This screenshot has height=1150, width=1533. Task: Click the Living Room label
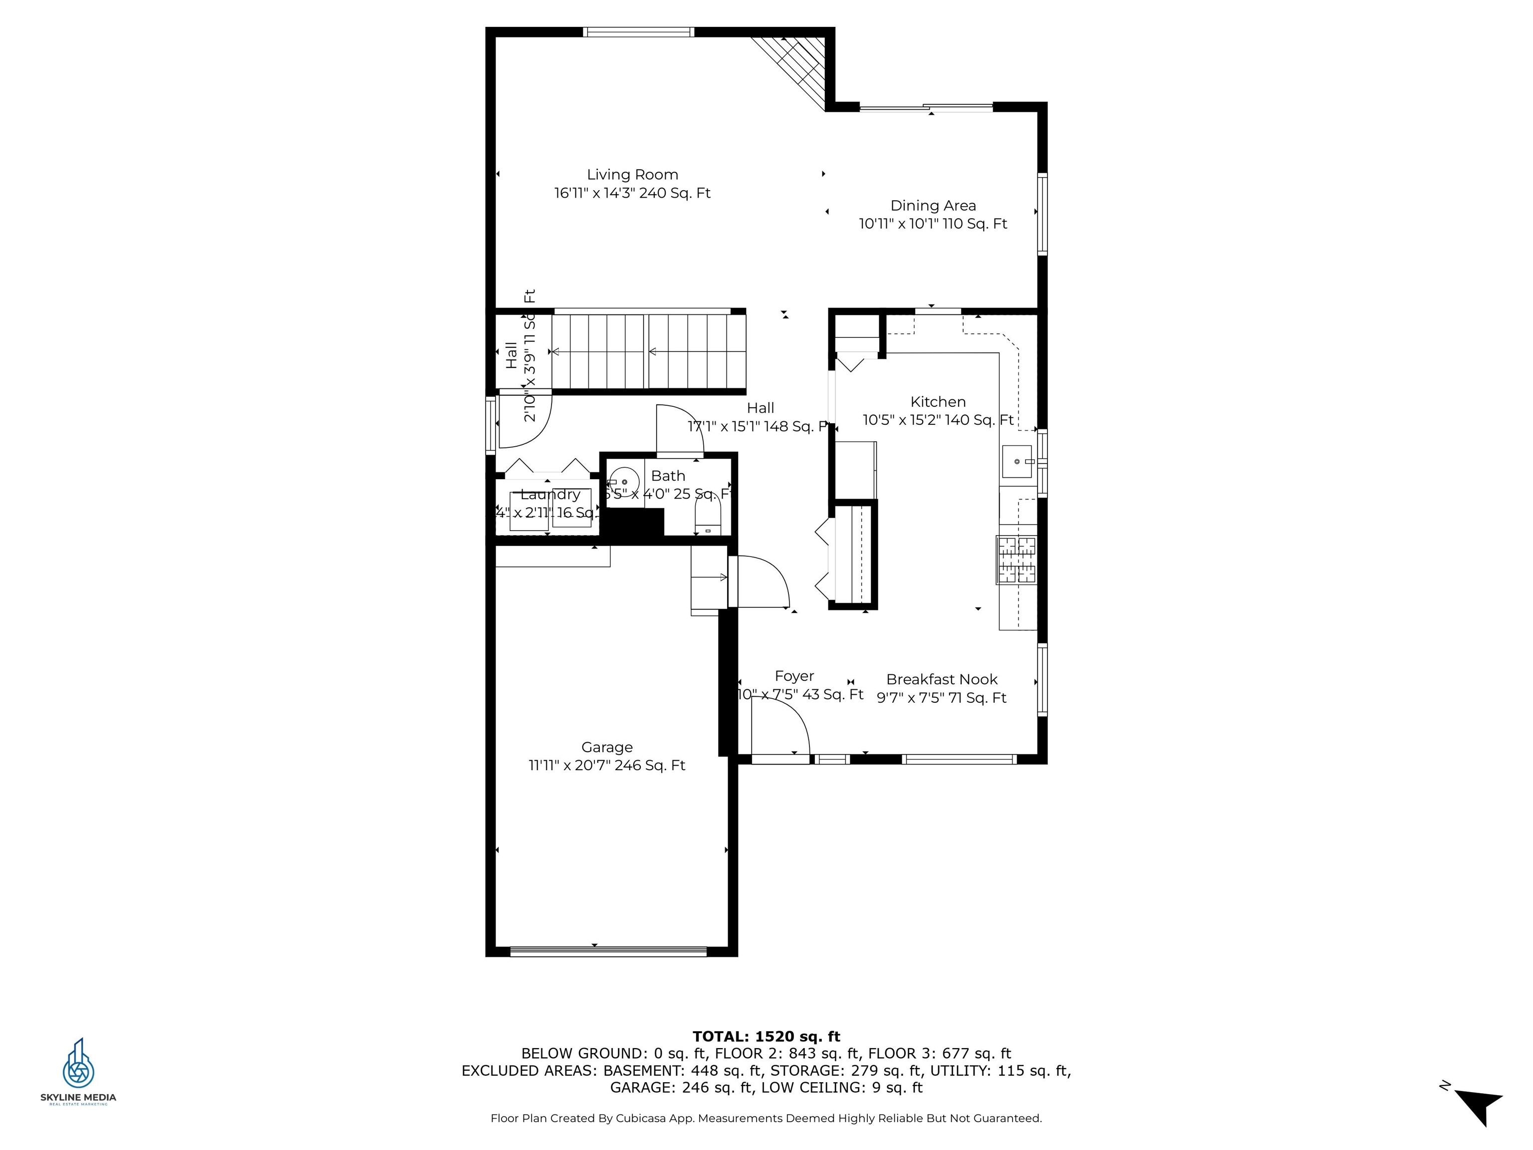pos(632,175)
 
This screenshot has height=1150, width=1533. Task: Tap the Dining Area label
pos(933,206)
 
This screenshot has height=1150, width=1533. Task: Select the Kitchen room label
pos(938,402)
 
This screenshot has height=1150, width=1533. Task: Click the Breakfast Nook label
pos(941,679)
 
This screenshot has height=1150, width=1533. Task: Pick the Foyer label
pos(794,676)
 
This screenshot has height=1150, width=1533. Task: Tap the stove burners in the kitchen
pos(1017,560)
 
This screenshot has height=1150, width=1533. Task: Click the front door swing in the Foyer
pos(779,728)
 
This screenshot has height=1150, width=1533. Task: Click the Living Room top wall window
pos(638,32)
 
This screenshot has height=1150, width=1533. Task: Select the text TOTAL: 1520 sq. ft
pos(766,1036)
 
